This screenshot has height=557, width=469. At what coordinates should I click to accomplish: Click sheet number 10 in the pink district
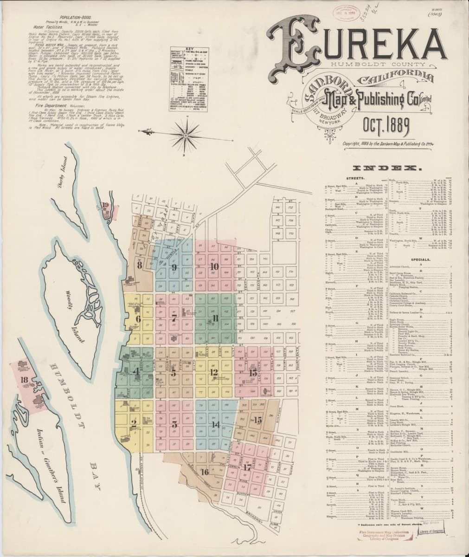[x=214, y=266]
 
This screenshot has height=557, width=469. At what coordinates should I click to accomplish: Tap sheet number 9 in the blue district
[x=174, y=267]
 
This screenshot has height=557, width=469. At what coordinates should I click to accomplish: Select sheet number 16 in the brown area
[x=205, y=473]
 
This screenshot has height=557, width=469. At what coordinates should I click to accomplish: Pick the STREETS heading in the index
[x=354, y=178]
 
